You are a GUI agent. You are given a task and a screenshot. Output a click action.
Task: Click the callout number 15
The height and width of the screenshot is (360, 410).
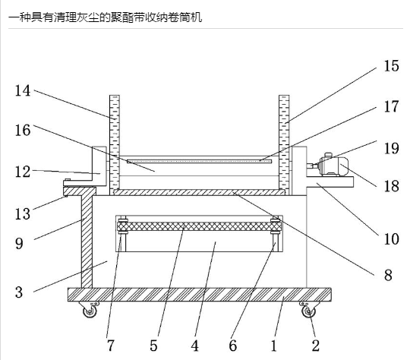(x=391, y=65)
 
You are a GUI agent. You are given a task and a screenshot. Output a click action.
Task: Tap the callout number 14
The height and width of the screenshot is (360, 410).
(x=23, y=91)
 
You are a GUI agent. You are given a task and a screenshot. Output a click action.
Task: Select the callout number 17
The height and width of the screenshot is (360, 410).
(x=391, y=107)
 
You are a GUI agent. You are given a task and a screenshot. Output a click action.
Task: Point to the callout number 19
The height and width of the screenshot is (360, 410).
(x=391, y=148)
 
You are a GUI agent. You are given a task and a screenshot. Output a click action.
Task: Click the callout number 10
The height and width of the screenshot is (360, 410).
(x=391, y=239)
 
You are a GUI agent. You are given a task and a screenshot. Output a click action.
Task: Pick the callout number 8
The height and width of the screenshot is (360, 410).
(x=388, y=275)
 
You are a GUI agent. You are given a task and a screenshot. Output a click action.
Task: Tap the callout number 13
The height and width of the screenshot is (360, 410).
(x=23, y=213)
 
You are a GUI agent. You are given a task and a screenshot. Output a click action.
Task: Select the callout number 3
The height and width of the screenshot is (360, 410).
(x=19, y=292)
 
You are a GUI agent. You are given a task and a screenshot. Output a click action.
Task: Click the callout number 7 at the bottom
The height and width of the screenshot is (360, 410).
(x=111, y=346)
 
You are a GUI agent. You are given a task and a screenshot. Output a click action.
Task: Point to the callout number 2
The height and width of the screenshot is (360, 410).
(x=316, y=346)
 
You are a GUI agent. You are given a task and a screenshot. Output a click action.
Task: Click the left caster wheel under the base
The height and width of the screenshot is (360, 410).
(x=90, y=310)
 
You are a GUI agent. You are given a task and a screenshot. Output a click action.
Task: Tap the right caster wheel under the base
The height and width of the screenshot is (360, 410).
(x=309, y=310)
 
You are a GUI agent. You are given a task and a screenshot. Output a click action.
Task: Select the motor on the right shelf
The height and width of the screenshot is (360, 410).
(x=330, y=165)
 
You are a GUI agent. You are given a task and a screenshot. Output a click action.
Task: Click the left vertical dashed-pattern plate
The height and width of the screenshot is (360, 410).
(x=115, y=142)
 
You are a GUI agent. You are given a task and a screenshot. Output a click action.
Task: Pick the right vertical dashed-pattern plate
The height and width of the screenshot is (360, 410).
(x=284, y=142)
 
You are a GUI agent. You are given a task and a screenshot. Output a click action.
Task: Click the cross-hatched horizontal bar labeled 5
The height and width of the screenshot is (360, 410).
(x=199, y=226)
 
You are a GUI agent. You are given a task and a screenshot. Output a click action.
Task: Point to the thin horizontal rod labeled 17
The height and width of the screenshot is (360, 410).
(x=199, y=161)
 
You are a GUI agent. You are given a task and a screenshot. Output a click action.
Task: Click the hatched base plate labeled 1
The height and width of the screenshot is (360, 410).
(x=200, y=295)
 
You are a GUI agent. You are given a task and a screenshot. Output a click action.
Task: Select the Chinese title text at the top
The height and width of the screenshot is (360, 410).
(x=105, y=17)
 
